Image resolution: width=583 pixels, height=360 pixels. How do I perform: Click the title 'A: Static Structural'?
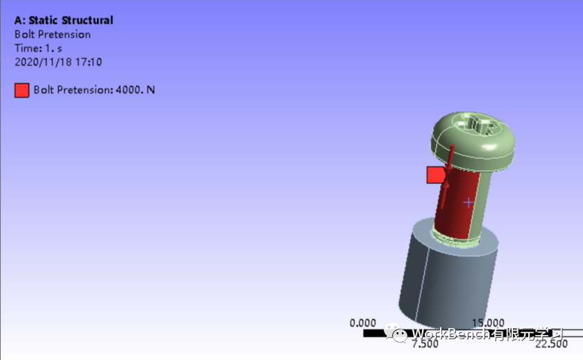[x=63, y=20]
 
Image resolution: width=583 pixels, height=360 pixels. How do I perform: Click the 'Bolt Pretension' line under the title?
[x=52, y=34]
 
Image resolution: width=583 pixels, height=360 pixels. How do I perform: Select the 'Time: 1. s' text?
[x=38, y=48]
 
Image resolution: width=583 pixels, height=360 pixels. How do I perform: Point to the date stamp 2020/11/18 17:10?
[x=58, y=62]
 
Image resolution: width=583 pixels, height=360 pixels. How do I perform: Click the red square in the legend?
[x=22, y=90]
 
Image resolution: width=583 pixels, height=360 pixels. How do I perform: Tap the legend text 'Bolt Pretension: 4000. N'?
[x=94, y=90]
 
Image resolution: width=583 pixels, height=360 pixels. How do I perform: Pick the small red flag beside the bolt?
[x=435, y=175]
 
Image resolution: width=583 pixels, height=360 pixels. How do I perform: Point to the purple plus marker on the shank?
[x=468, y=203]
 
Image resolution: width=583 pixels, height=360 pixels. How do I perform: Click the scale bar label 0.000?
[x=363, y=323]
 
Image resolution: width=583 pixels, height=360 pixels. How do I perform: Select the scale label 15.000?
[x=488, y=323]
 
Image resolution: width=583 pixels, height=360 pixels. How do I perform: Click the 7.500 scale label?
[x=425, y=344]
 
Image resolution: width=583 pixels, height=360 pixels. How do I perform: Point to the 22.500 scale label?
[x=551, y=344]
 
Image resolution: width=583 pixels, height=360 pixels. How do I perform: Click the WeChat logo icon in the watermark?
[x=400, y=335]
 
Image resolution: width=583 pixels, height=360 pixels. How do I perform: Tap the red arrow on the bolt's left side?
[x=449, y=166]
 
